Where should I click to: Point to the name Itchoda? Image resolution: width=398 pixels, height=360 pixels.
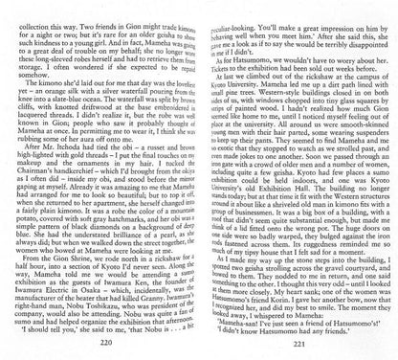pos(68,158)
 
